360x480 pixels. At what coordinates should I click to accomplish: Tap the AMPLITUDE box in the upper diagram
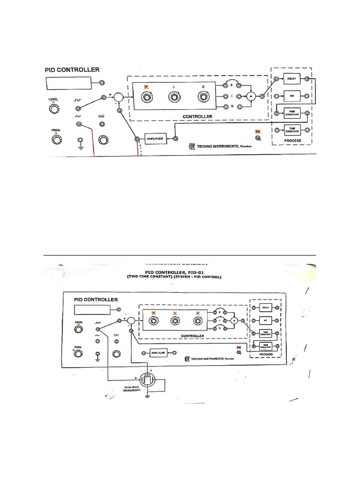click(x=155, y=139)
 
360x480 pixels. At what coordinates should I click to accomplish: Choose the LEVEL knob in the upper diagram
click(x=54, y=109)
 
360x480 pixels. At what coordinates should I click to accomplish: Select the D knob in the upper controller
click(x=203, y=97)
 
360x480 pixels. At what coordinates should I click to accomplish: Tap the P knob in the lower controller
click(x=153, y=321)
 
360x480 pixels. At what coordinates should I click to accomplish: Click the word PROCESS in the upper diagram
click(x=292, y=140)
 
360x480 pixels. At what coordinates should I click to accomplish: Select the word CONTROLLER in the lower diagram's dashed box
click(x=192, y=336)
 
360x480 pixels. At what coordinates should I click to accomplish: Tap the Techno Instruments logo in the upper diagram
click(x=192, y=147)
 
